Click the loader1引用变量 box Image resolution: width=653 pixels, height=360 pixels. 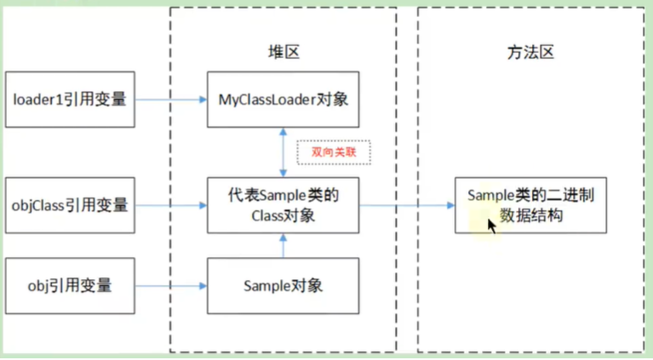[69, 100]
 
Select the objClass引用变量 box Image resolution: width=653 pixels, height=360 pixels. [69, 205]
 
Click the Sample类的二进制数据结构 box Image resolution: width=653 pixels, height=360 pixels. [530, 205]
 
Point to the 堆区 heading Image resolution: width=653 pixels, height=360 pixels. [282, 52]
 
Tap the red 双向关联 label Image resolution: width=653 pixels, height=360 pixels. [333, 152]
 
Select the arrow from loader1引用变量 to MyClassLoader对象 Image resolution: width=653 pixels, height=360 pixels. [170, 100]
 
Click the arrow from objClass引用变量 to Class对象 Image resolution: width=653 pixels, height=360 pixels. [170, 205]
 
